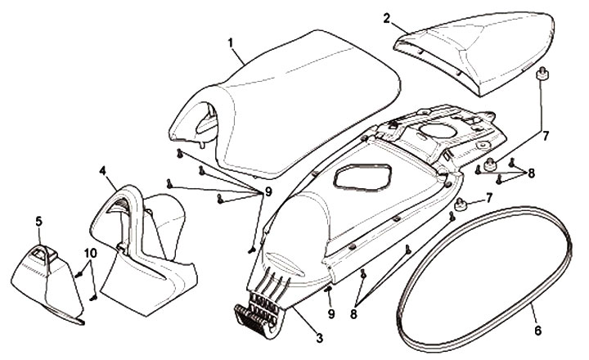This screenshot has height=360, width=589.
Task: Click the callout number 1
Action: (x=232, y=41)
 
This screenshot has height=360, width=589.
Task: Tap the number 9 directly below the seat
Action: (x=268, y=191)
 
